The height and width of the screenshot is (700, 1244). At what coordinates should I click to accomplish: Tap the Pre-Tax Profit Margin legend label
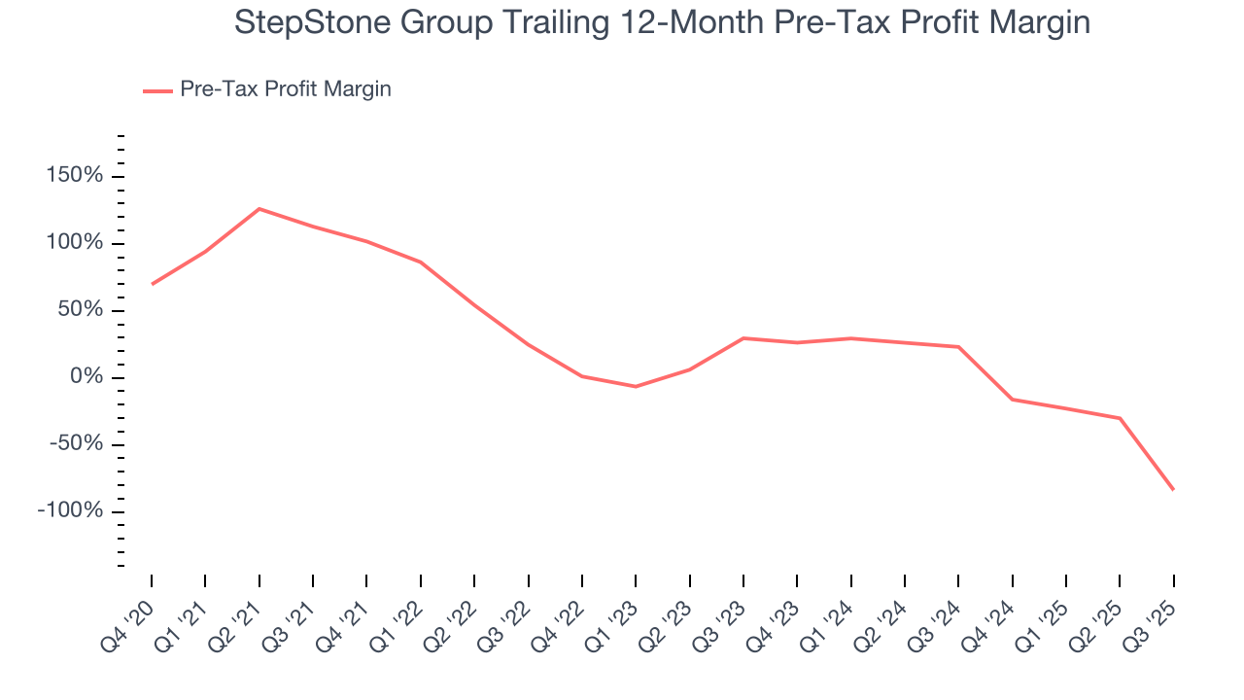285,89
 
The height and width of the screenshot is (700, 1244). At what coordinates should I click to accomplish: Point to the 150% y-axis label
73,176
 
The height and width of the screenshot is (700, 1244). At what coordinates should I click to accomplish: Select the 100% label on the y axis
73,243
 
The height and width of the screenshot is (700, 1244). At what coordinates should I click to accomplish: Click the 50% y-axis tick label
79,310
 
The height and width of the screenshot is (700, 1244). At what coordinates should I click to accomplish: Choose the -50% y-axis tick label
75,444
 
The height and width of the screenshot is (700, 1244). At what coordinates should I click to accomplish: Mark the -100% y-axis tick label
69,511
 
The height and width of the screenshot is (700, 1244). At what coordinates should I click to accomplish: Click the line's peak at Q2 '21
259,209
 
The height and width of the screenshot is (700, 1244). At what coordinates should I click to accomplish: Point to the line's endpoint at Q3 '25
1173,489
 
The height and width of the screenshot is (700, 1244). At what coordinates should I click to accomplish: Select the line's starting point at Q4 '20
153,284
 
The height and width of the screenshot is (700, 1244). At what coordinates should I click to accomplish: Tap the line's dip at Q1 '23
636,387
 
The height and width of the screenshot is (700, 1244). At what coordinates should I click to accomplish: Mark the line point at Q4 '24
1012,400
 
